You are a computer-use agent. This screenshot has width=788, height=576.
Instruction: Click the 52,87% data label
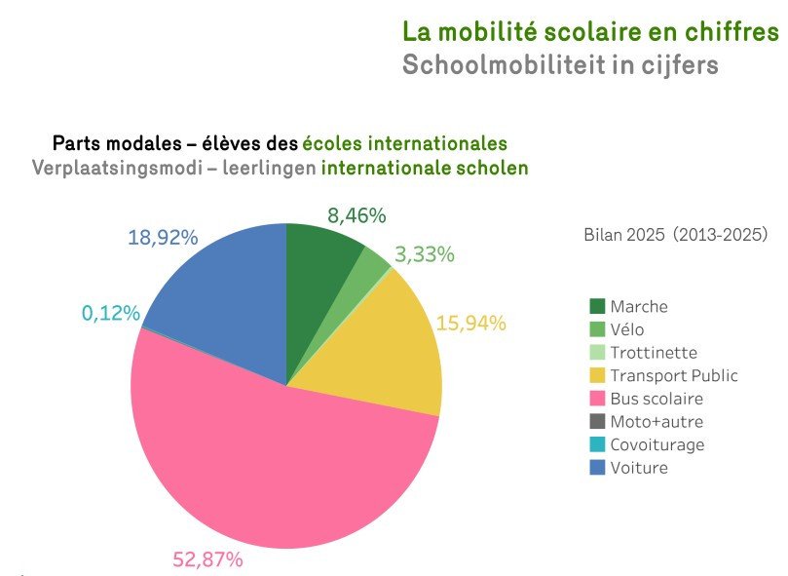[x=207, y=559]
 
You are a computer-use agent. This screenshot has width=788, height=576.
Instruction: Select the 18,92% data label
[x=163, y=238]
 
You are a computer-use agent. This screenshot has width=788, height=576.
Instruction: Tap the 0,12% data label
[x=111, y=313]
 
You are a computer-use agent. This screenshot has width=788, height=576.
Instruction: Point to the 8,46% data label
[x=356, y=215]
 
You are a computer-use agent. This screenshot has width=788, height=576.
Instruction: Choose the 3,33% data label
[x=425, y=255]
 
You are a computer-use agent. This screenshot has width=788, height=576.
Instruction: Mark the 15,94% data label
[x=471, y=323]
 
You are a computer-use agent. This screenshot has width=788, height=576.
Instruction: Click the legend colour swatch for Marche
[x=598, y=307]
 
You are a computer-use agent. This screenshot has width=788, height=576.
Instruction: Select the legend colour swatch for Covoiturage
[x=598, y=445]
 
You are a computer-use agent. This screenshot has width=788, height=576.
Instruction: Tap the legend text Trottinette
[x=654, y=353]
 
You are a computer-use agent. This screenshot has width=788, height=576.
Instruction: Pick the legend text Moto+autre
[x=657, y=422]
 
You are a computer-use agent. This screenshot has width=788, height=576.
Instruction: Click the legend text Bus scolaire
[x=657, y=399]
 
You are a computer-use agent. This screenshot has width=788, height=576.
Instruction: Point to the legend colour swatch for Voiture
[x=598, y=468]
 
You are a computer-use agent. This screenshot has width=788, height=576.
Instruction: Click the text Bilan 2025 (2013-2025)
[x=676, y=235]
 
